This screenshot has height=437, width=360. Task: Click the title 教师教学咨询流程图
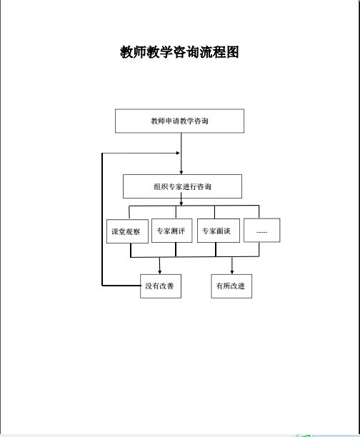179,52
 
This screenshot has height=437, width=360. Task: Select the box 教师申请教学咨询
179,121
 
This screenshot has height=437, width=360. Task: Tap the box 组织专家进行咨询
182,186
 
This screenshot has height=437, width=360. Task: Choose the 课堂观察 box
127,231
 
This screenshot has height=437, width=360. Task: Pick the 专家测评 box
171,231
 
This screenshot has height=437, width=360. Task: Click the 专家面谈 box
219,231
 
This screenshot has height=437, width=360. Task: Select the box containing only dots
262,230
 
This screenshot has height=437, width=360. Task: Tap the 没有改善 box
161,286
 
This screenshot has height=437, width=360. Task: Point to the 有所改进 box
231,286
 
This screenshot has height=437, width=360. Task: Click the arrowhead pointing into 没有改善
159,272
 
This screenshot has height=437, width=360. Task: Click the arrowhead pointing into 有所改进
232,272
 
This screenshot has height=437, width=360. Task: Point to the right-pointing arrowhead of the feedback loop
178,153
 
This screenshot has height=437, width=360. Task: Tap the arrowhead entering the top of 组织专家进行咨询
181,172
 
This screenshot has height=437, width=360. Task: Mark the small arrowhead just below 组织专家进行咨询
181,204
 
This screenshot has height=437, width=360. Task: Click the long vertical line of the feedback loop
102,219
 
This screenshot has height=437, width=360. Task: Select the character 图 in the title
233,52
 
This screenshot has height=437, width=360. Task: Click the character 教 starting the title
126,52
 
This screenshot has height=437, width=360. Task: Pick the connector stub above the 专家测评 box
176,212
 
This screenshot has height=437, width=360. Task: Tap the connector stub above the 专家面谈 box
215,212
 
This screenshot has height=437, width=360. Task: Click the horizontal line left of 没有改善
121,286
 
